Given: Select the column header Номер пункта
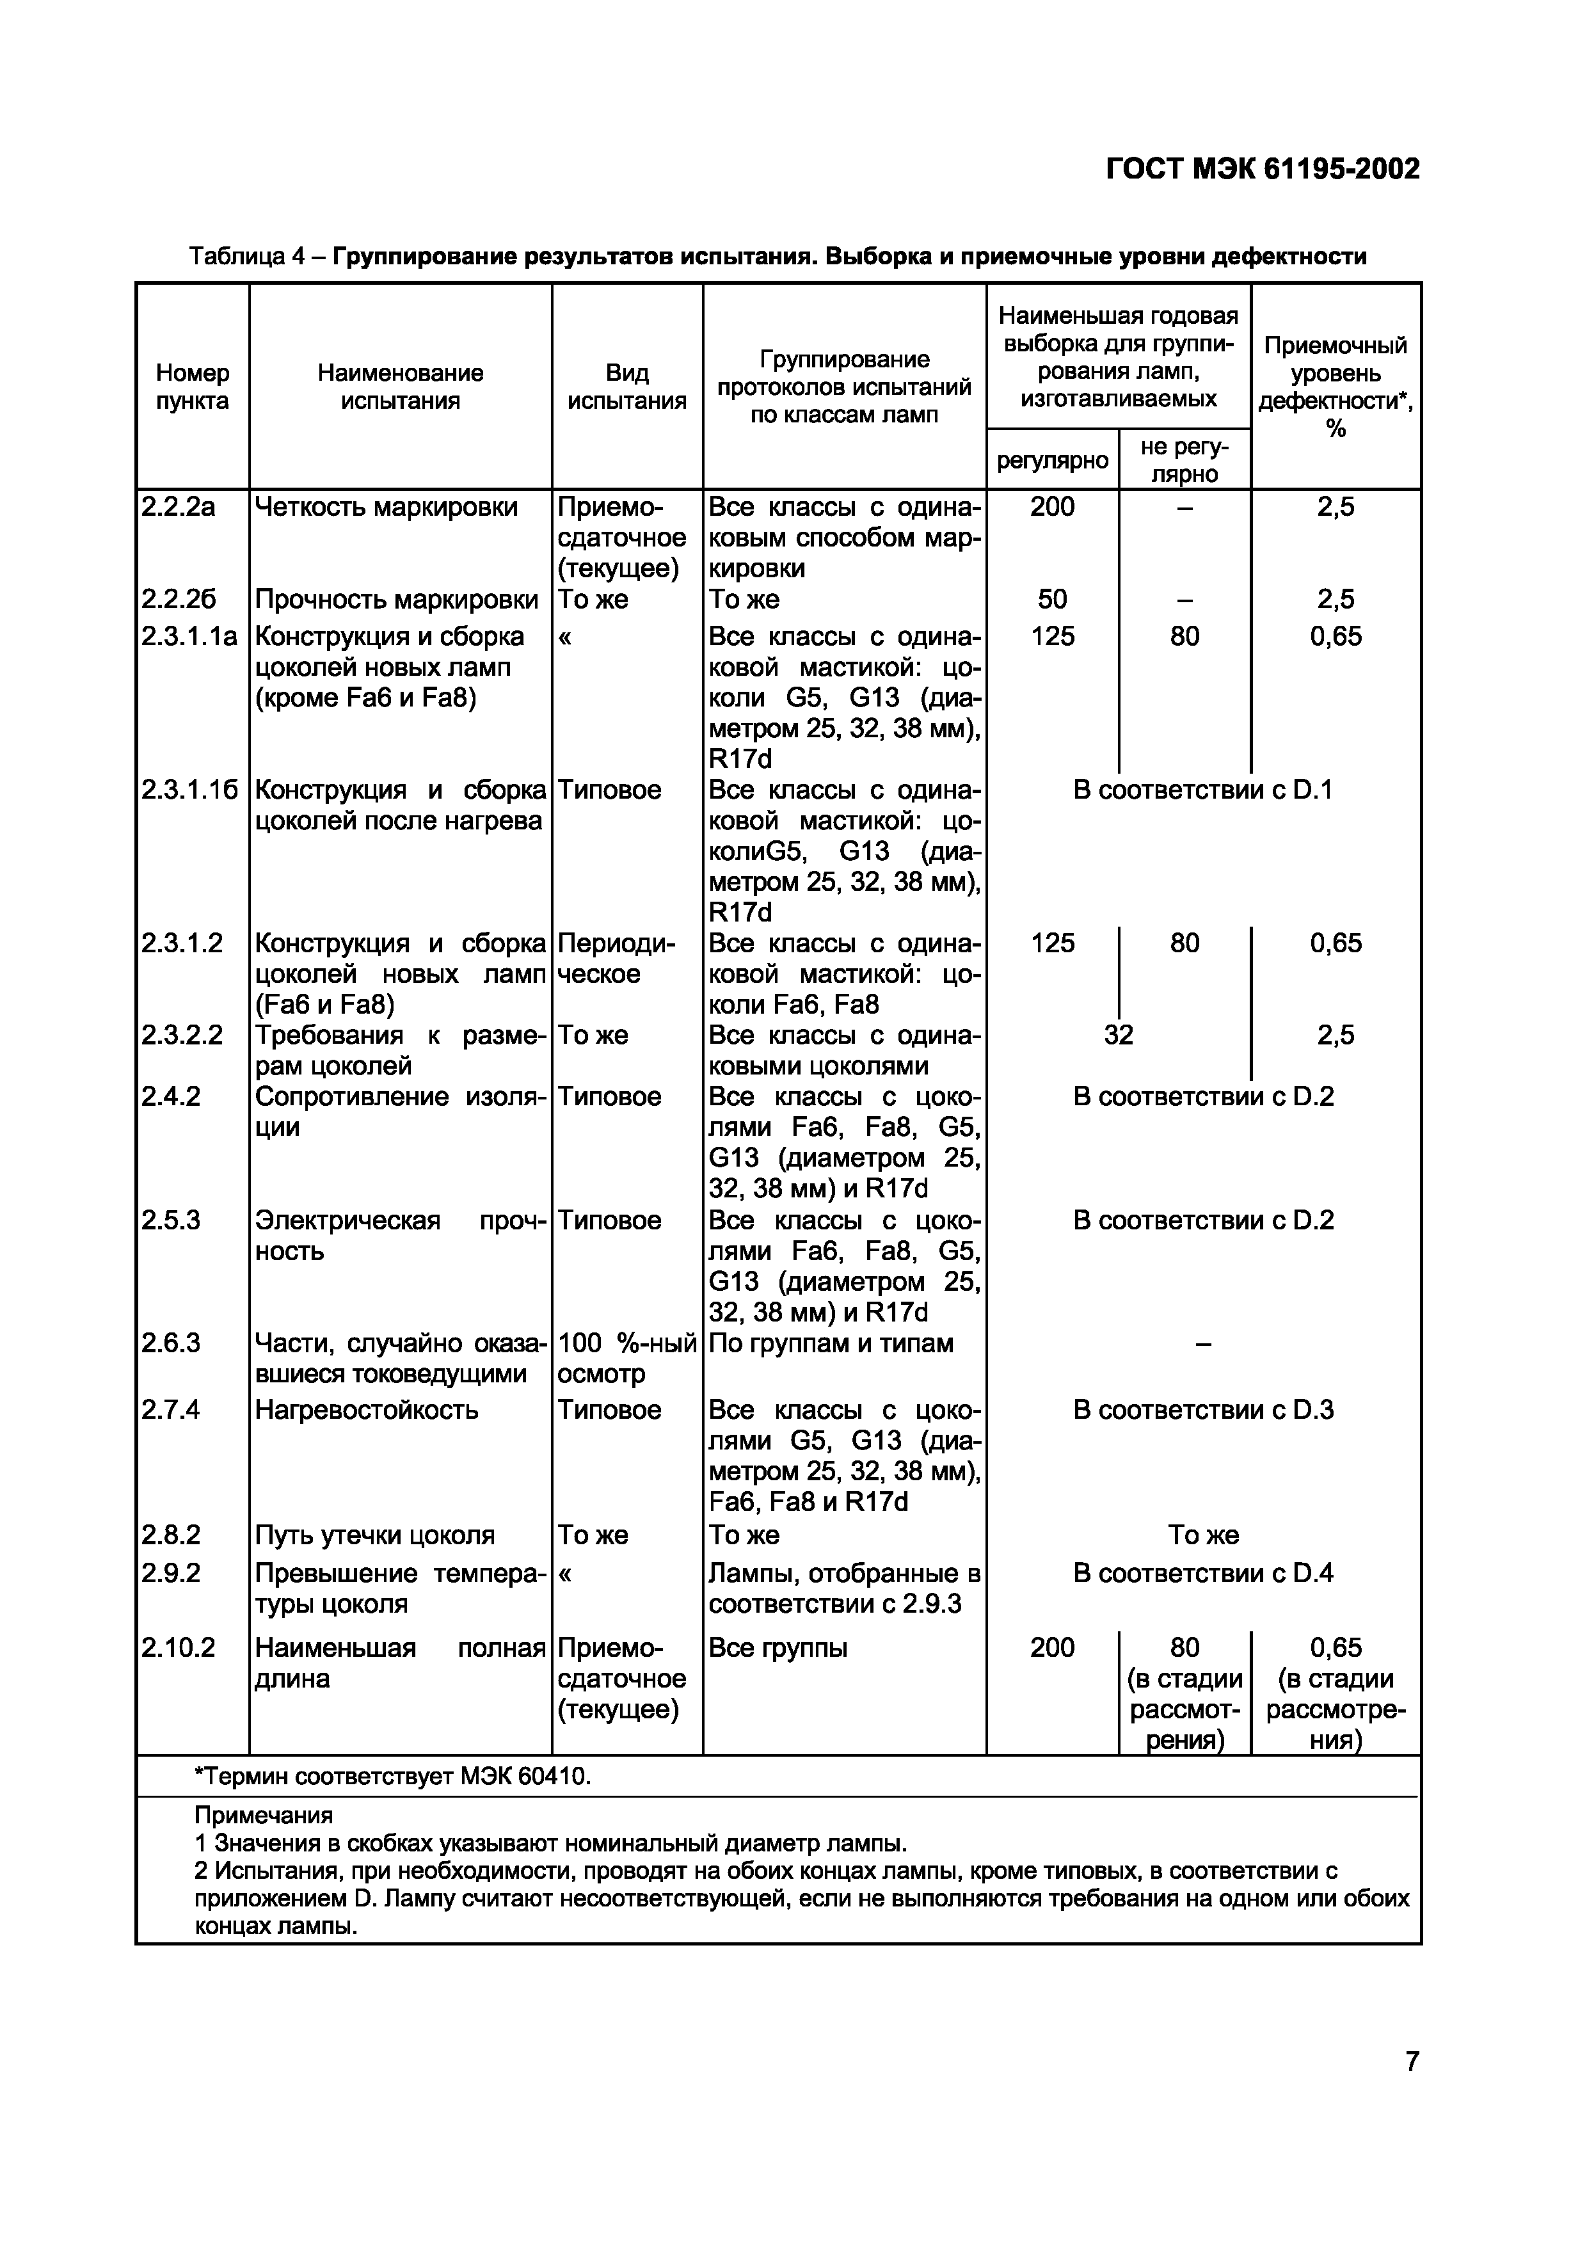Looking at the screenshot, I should (x=193, y=387).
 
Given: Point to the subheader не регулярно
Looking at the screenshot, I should (x=1184, y=459).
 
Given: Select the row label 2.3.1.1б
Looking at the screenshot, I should (x=189, y=790).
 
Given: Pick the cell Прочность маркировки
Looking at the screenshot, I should (x=396, y=600).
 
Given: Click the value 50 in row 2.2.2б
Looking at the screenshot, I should (x=1052, y=600).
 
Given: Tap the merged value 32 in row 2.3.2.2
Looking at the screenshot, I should (x=1118, y=1034).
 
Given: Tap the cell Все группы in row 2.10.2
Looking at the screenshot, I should (x=778, y=1649).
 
